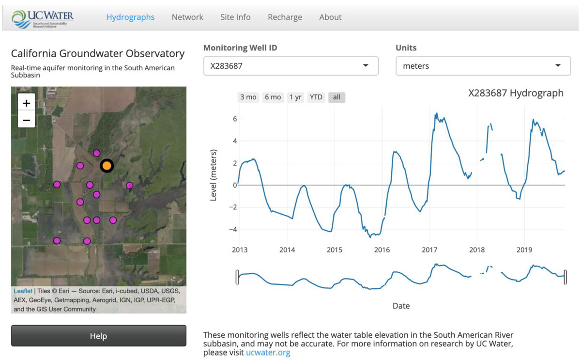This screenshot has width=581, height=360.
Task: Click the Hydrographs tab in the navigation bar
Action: pyautogui.click(x=130, y=17)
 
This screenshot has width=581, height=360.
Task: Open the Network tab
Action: pyautogui.click(x=187, y=17)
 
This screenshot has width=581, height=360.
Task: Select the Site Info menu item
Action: pyautogui.click(x=235, y=17)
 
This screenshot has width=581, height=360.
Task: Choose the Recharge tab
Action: pyautogui.click(x=285, y=17)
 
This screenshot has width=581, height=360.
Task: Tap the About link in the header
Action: pyautogui.click(x=330, y=17)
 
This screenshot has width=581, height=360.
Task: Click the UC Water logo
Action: pyautogui.click(x=44, y=18)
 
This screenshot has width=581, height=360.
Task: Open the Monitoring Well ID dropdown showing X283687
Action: pyautogui.click(x=290, y=66)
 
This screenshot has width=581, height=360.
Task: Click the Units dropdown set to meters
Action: pyautogui.click(x=483, y=66)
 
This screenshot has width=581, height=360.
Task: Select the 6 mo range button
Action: pyautogui.click(x=273, y=97)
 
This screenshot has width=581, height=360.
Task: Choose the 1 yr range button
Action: pyautogui.click(x=295, y=97)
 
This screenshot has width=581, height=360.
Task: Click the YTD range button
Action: pyautogui.click(x=316, y=97)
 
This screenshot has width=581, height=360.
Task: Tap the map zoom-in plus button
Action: pyautogui.click(x=27, y=103)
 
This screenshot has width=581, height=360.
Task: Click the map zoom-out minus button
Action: pyautogui.click(x=27, y=120)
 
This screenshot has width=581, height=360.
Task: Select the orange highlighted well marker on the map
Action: pyautogui.click(x=107, y=166)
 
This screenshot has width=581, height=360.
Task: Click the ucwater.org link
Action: pyautogui.click(x=268, y=352)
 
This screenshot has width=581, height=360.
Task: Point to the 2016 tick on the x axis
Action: pyautogui.click(x=382, y=250)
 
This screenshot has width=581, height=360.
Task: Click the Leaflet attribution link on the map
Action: pyautogui.click(x=23, y=291)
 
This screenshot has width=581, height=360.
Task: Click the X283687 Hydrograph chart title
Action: pyautogui.click(x=516, y=93)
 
